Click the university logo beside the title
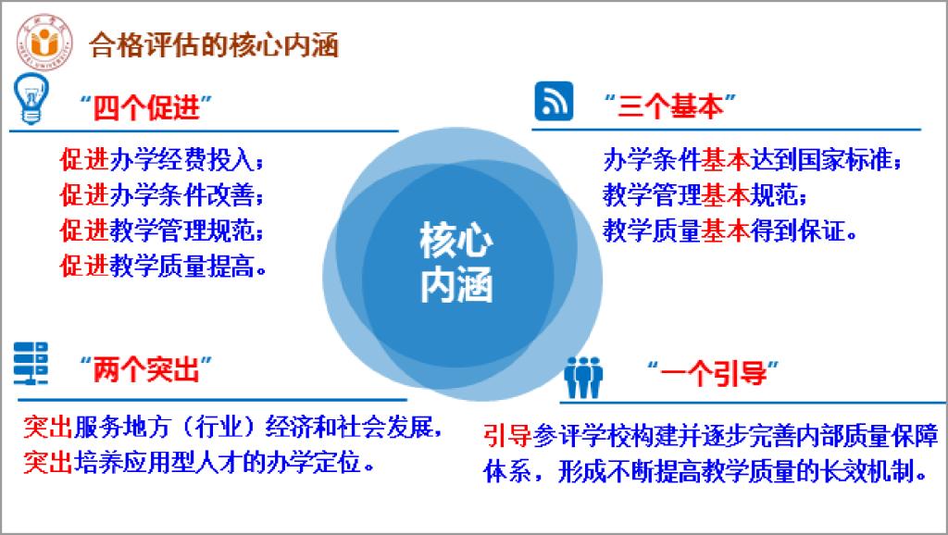44,43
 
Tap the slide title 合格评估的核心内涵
214,45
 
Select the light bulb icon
31,98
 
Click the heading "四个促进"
145,107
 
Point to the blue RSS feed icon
554,100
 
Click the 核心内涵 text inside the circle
456,262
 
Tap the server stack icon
31,364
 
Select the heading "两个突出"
145,368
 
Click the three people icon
583,378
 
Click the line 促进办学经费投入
162,159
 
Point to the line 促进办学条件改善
162,195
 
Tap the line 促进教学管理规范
162,230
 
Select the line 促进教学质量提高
163,266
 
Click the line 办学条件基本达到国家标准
753,159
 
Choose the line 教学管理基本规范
705,195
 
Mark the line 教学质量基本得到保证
730,230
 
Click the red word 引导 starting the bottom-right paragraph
507,436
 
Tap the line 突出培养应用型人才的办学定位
199,463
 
